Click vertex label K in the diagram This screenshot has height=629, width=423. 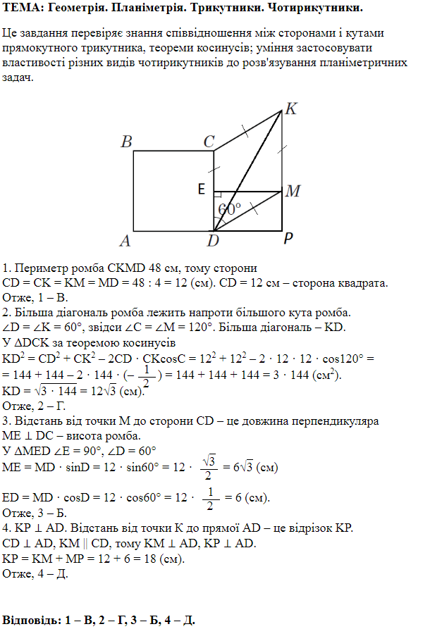[290, 109]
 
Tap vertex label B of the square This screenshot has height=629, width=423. [127, 142]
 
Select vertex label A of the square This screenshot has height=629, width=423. [126, 242]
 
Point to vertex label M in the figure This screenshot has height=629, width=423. [294, 192]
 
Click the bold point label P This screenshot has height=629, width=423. [288, 240]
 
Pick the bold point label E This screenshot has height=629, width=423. [202, 189]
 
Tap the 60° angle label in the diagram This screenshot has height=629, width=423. [230, 209]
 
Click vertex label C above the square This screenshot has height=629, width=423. [209, 142]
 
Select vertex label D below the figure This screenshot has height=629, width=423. [213, 242]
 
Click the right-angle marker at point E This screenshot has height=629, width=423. [218, 194]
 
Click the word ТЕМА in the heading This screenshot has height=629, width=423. [21, 8]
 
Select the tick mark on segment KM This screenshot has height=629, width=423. [281, 149]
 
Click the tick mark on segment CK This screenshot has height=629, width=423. [245, 130]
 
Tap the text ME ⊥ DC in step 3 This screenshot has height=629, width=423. [28, 436]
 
